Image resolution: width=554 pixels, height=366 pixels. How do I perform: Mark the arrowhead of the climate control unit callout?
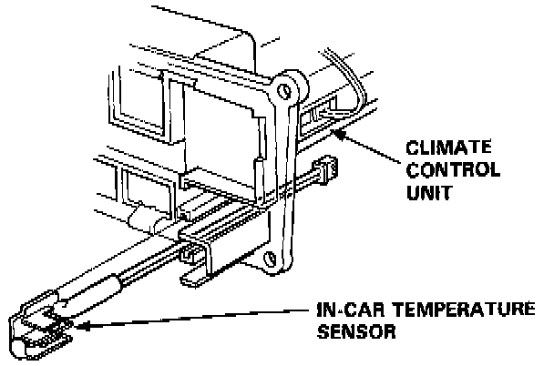click(x=340, y=134)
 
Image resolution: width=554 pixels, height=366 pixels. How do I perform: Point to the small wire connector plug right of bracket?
click(x=325, y=172)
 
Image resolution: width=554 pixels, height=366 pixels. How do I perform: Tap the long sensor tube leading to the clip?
click(x=128, y=273)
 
